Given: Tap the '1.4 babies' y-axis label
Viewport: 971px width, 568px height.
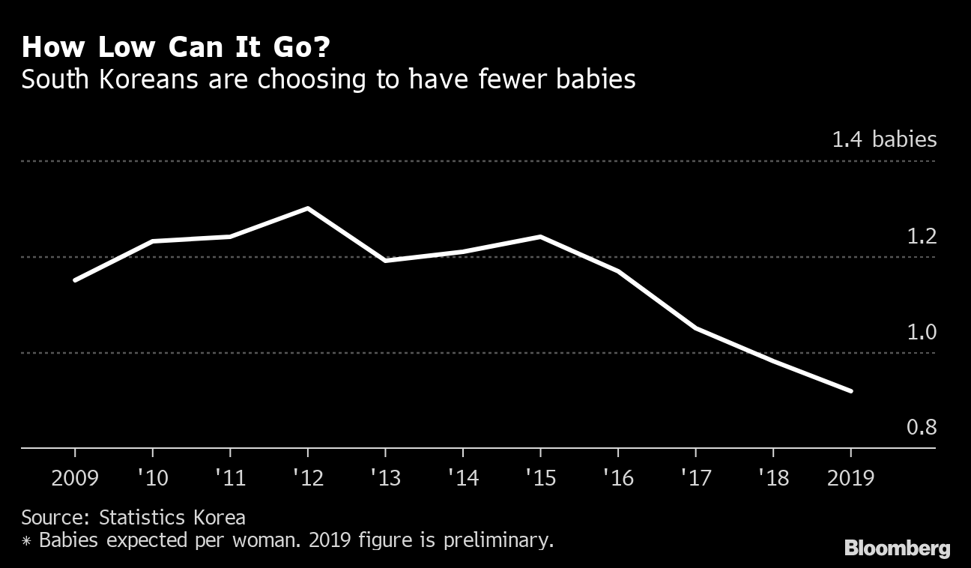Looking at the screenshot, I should [884, 139].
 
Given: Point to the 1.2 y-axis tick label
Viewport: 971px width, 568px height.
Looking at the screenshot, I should [922, 237].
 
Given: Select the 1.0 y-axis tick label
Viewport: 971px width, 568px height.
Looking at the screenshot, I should [922, 332].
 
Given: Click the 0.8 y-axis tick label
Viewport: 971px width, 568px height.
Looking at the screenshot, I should [922, 428].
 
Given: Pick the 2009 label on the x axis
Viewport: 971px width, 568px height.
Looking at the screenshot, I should [75, 477].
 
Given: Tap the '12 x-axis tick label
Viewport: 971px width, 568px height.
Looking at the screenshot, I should [307, 477].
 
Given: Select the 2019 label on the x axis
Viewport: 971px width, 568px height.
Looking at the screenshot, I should [850, 477].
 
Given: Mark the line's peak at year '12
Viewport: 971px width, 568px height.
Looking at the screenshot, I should [308, 208].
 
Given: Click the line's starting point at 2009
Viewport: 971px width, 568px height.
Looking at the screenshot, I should [75, 280].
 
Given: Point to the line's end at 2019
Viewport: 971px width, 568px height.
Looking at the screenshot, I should [850, 390].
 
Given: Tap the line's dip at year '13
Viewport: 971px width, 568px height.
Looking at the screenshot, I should [385, 261].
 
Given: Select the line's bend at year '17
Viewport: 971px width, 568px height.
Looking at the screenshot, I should [695, 328].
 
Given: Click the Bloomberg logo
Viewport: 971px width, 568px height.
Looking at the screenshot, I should [897, 549].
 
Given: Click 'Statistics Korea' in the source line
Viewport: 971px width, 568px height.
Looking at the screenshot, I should [173, 517].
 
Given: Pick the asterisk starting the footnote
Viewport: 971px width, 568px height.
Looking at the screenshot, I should [26, 540].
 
